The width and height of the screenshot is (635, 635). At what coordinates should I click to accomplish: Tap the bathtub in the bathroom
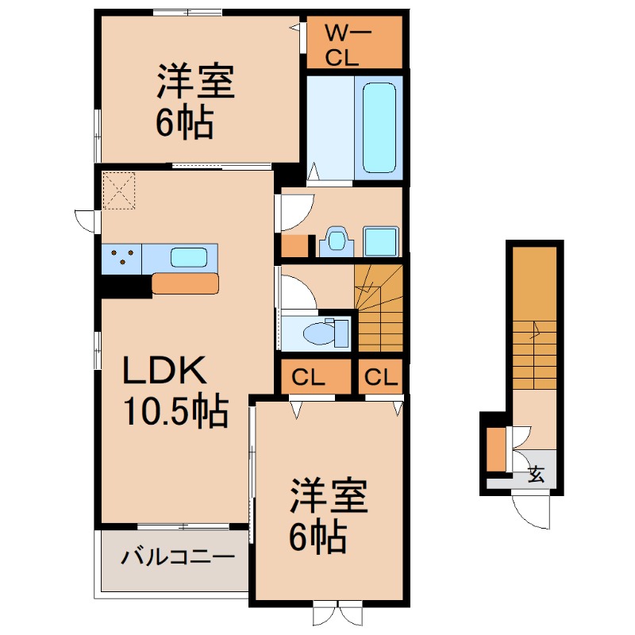click(379, 128)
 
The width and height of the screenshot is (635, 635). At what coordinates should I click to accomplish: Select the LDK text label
click(164, 370)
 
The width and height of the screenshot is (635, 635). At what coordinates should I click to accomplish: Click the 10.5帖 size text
click(175, 411)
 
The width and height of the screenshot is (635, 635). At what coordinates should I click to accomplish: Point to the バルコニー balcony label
click(178, 558)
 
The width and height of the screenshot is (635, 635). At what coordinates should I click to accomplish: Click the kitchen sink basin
click(189, 257)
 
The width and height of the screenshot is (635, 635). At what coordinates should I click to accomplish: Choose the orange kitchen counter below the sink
click(185, 283)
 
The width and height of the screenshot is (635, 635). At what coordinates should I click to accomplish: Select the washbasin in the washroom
click(336, 241)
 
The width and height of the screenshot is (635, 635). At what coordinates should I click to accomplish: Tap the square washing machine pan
click(381, 241)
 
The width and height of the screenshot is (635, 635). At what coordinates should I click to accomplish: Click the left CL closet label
click(308, 378)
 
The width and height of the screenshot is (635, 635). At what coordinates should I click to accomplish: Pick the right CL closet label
click(381, 377)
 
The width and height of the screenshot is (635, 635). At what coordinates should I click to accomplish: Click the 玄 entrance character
click(536, 474)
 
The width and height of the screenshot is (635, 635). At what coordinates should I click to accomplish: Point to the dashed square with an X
click(118, 190)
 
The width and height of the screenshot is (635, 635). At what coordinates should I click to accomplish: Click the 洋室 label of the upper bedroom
click(196, 82)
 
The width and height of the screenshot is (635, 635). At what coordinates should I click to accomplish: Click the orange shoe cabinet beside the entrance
click(495, 449)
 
